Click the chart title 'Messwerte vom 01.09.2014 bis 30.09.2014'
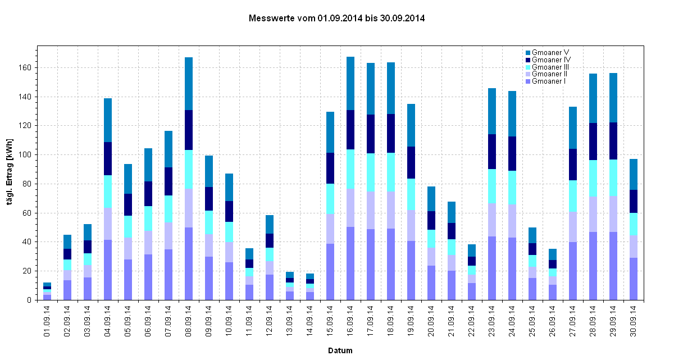pos(336,19)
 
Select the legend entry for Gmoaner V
pos(547,52)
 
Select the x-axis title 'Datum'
pos(340,350)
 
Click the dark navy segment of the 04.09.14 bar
pos(108,158)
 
